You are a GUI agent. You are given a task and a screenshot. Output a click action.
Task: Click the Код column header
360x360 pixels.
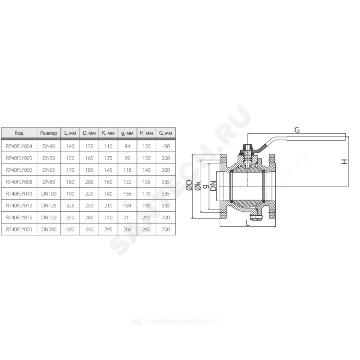[x=19, y=133]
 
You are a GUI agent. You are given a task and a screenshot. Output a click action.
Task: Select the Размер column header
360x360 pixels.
[x=49, y=133]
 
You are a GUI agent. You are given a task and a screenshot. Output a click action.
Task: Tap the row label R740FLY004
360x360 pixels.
[x=19, y=146]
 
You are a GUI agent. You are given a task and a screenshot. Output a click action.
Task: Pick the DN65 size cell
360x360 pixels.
[x=49, y=170]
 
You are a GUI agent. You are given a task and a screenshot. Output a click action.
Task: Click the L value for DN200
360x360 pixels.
[x=70, y=229]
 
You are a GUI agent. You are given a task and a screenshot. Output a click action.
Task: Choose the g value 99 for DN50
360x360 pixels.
[x=127, y=158]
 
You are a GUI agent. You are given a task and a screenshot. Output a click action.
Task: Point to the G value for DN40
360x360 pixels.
[x=166, y=146]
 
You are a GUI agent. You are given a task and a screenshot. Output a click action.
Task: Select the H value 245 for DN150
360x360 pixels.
[x=147, y=217]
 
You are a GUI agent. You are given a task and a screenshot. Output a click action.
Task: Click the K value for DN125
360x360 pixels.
[x=108, y=206]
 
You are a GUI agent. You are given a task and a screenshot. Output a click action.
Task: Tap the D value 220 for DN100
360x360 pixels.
[x=89, y=194]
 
